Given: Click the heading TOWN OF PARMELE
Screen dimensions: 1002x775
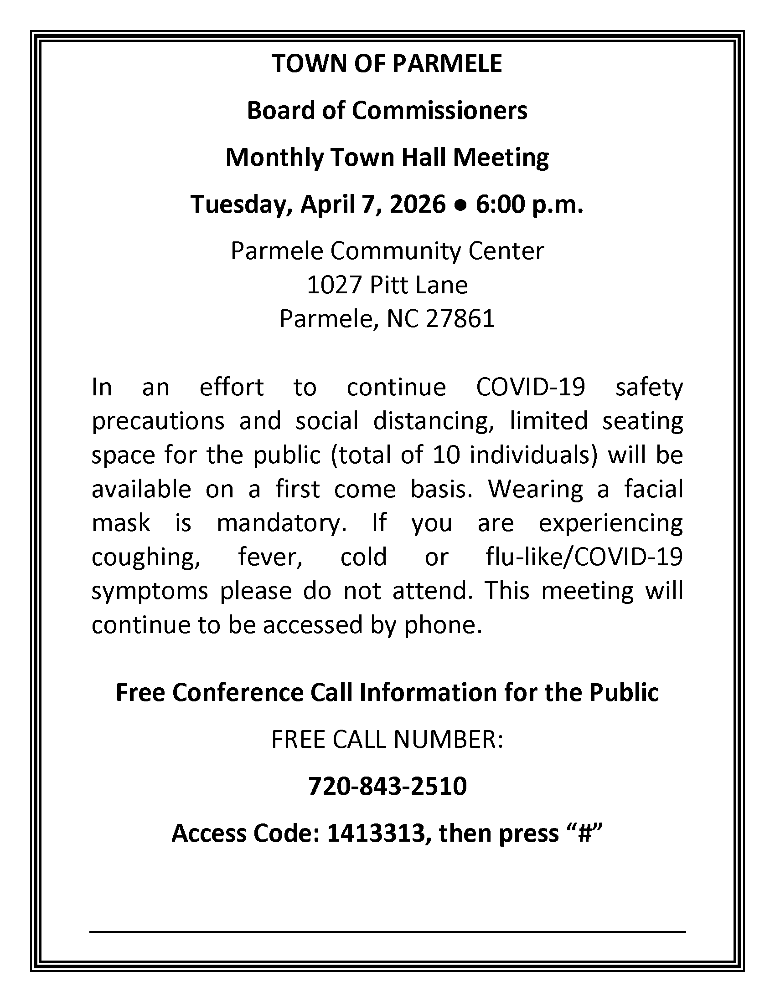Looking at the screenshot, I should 387,63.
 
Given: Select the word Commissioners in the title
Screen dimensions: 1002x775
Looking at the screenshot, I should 439,111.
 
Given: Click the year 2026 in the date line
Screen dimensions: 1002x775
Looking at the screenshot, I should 417,204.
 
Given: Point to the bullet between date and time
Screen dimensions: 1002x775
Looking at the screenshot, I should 460,205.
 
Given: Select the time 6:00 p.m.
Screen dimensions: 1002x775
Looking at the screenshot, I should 529,204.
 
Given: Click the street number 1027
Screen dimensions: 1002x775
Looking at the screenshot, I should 335,285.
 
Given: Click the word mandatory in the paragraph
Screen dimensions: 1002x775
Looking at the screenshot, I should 281,523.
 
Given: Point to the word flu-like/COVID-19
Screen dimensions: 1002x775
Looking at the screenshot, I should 584,557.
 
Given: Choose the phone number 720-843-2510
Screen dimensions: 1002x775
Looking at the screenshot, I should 387,786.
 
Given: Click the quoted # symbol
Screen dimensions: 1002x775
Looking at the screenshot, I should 584,833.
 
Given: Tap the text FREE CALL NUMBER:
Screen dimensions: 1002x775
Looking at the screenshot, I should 387,740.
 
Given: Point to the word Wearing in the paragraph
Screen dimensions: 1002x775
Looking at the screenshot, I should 535,490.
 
